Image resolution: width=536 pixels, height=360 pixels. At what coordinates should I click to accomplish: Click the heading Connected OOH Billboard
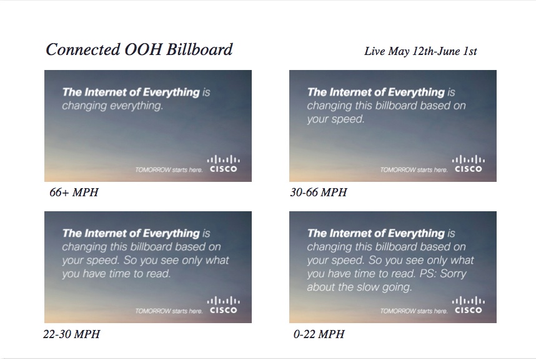coord(139,50)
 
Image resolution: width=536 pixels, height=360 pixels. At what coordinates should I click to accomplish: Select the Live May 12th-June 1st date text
coord(420,51)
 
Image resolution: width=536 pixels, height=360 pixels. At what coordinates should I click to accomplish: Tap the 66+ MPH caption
coord(74,192)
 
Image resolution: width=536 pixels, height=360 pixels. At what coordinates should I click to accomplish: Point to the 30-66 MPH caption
coord(318,192)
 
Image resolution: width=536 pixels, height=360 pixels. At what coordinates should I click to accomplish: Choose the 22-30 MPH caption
coord(71,334)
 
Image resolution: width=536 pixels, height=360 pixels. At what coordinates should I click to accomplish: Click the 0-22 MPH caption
coord(319,334)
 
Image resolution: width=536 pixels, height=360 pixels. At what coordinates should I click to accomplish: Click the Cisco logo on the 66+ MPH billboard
coord(223,164)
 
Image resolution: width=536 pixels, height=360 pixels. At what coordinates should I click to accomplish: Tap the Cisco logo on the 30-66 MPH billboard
coord(468,164)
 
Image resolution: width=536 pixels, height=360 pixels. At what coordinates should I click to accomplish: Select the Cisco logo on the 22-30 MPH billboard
coord(223,305)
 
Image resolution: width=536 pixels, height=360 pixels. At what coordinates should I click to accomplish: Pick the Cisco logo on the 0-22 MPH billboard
coord(468,305)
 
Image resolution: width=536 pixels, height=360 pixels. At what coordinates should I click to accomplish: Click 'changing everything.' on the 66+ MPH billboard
coord(112,106)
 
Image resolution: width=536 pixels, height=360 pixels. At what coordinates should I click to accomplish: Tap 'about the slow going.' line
coord(359,287)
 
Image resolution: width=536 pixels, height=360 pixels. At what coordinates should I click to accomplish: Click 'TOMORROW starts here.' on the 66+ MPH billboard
coord(169,170)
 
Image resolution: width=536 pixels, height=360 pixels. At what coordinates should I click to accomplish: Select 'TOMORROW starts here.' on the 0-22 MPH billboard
coord(414,311)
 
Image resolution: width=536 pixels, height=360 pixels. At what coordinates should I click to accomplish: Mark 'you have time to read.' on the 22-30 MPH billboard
coord(116,274)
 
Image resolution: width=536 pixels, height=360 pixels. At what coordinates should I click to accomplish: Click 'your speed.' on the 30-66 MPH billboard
coord(335,119)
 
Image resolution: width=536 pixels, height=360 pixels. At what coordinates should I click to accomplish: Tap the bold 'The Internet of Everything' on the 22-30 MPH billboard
coord(131,233)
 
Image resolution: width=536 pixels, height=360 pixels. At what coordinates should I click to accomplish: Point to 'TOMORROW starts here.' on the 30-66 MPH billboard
coord(414,170)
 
